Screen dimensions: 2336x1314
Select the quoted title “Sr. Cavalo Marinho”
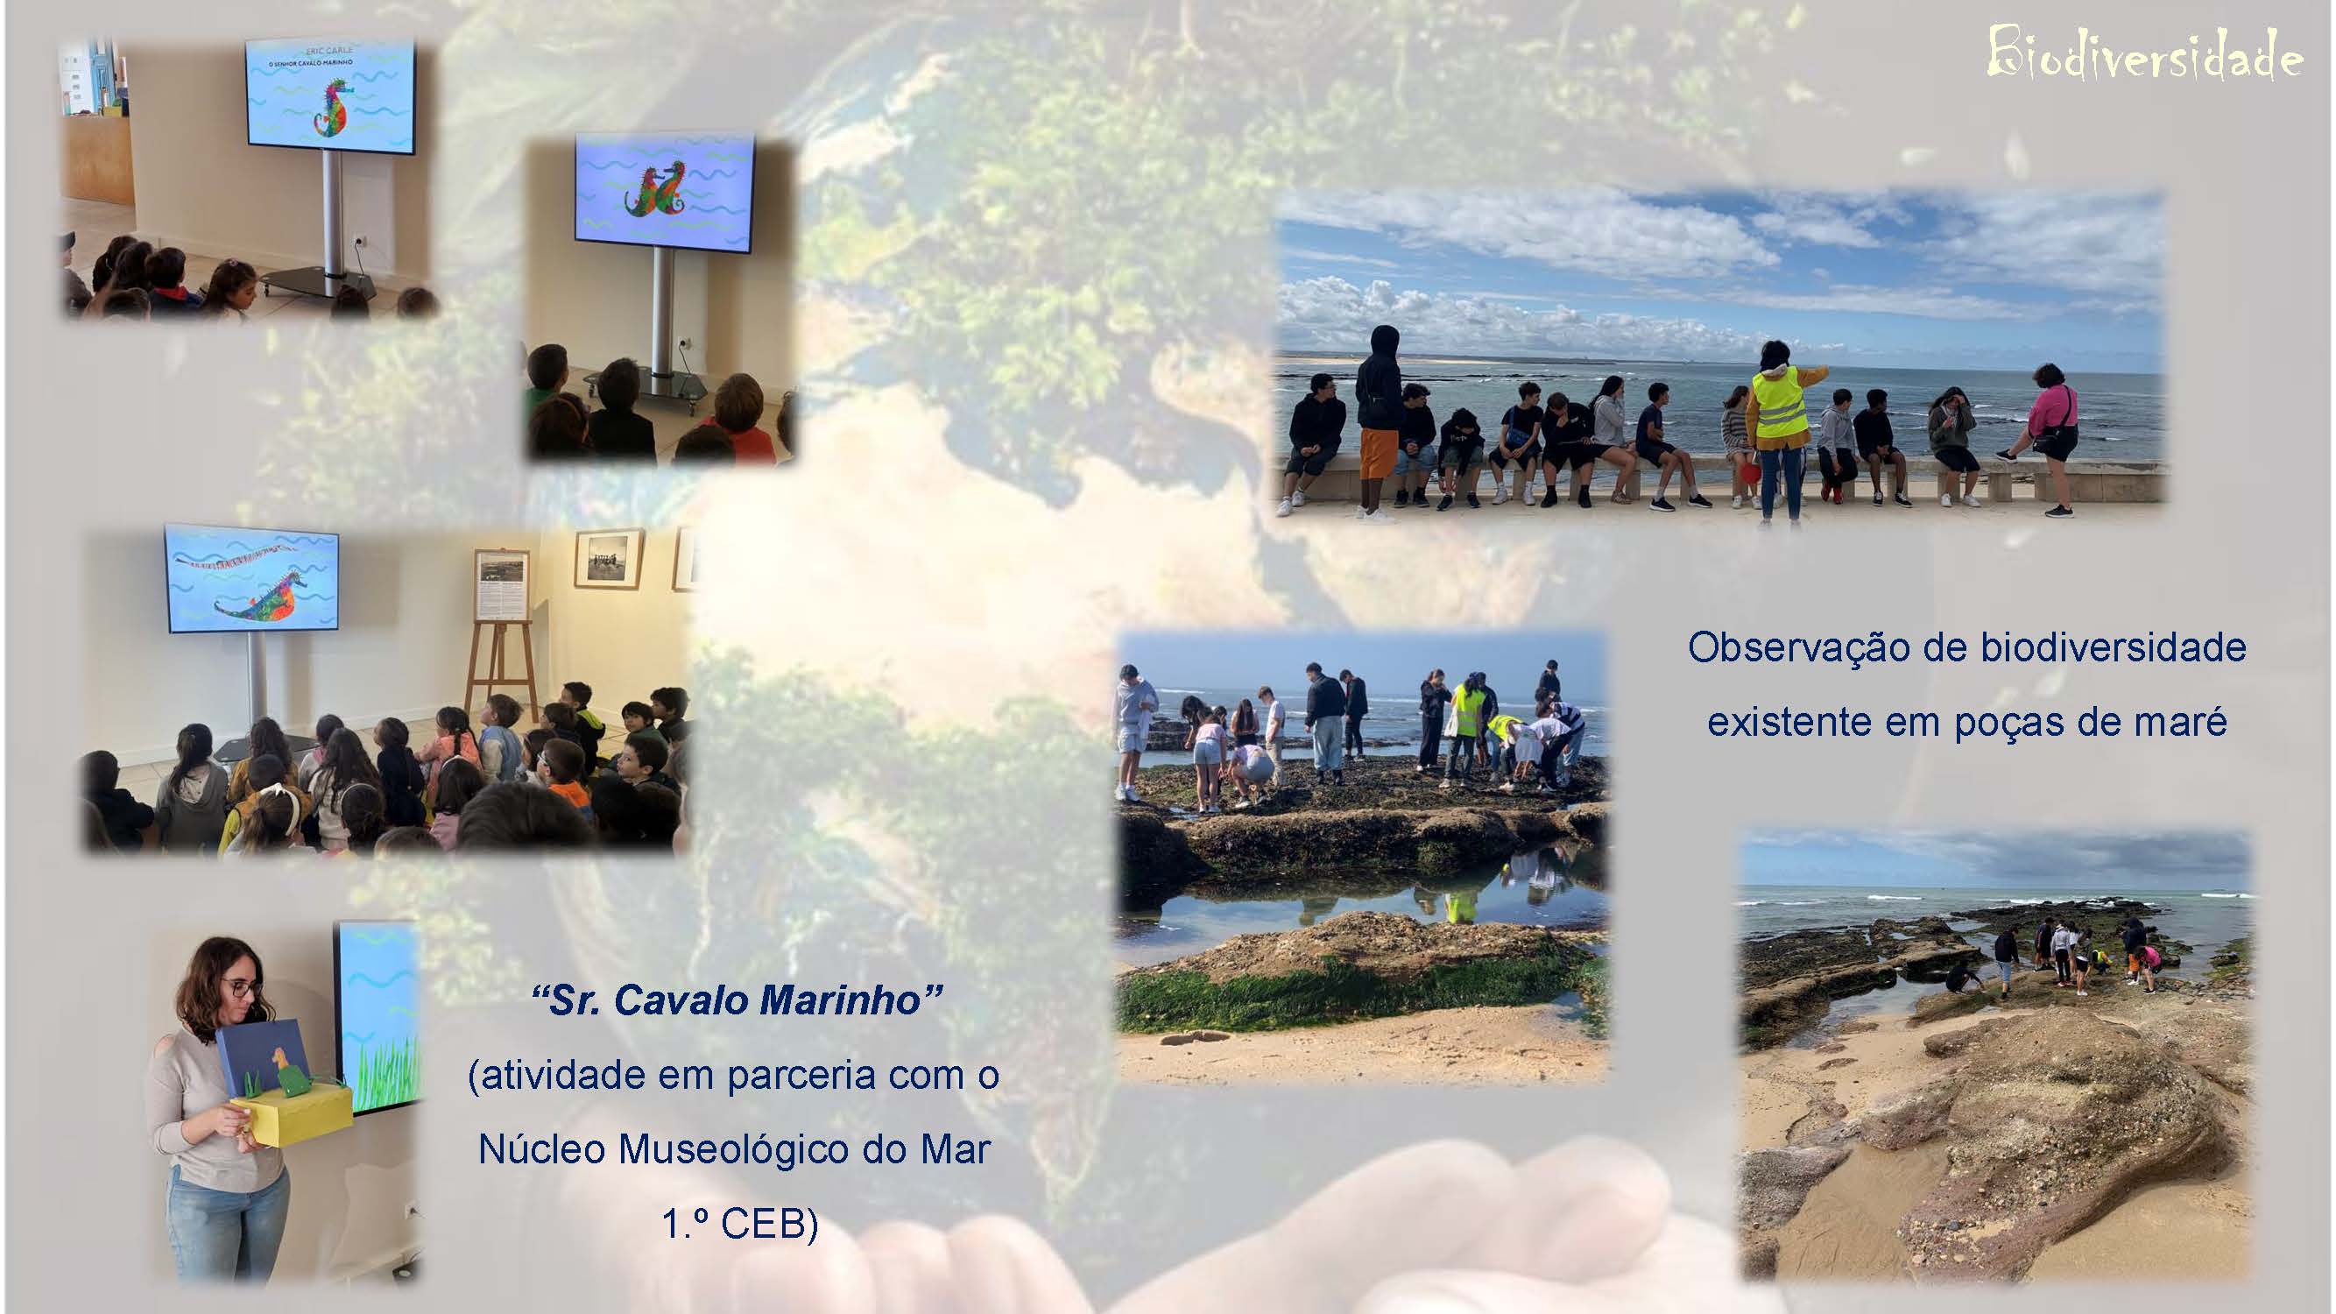coord(737,1000)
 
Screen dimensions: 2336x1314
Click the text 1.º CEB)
coord(739,1225)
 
